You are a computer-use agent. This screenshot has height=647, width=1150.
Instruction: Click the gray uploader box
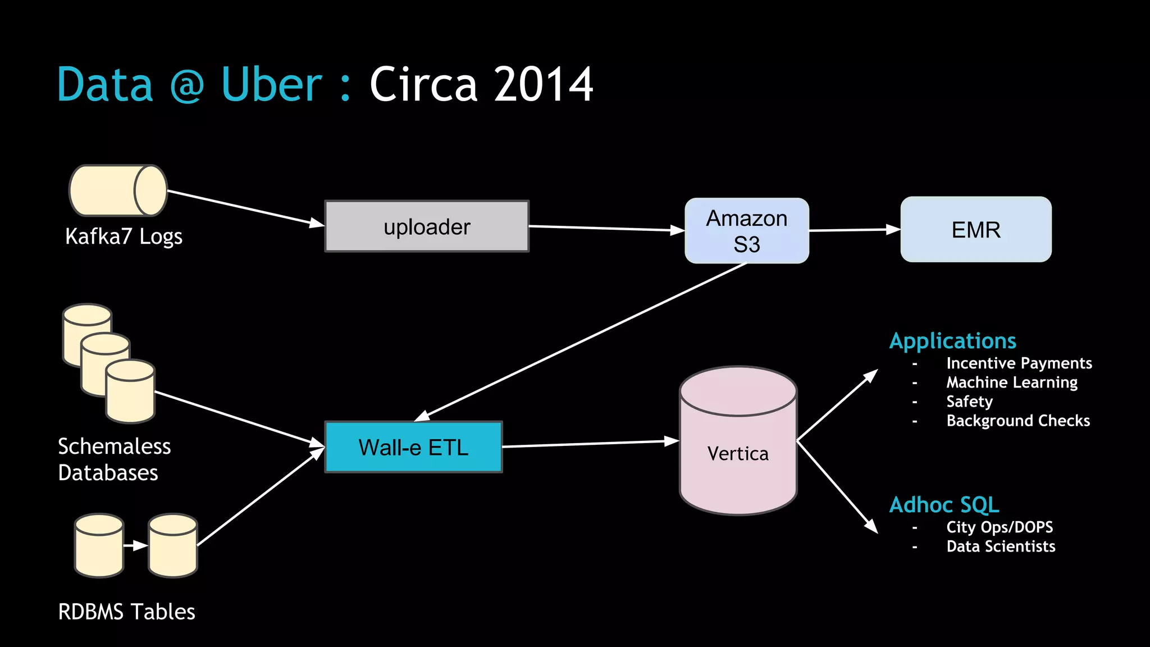pyautogui.click(x=427, y=226)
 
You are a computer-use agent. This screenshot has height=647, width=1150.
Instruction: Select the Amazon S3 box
pyautogui.click(x=746, y=231)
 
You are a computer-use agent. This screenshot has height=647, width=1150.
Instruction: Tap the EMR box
pyautogui.click(x=975, y=230)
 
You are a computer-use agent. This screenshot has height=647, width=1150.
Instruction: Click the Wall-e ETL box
pyautogui.click(x=413, y=448)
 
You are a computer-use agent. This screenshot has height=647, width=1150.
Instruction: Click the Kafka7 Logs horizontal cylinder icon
pyautogui.click(x=118, y=191)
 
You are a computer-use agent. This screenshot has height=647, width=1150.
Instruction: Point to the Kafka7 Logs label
pyautogui.click(x=124, y=236)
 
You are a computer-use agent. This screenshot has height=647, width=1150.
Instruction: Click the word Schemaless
pyautogui.click(x=114, y=446)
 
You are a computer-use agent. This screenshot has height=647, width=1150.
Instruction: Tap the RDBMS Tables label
pyautogui.click(x=126, y=612)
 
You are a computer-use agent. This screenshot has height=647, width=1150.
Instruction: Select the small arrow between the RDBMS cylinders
pyautogui.click(x=135, y=545)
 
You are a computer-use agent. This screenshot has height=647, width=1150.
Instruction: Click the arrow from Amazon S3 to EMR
pyautogui.click(x=855, y=230)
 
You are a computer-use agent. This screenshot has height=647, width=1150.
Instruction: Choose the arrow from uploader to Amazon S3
pyautogui.click(x=606, y=228)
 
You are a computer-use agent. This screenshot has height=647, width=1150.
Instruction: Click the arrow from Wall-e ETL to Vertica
pyautogui.click(x=590, y=444)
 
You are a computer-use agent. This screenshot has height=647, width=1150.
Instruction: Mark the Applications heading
pyautogui.click(x=952, y=341)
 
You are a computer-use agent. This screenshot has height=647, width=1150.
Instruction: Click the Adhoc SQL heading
pyautogui.click(x=944, y=505)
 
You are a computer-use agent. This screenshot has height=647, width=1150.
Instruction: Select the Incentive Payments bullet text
pyautogui.click(x=1019, y=363)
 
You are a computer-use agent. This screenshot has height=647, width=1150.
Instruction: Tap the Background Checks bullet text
pyautogui.click(x=1017, y=421)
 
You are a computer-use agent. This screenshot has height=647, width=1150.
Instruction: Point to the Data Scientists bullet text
pyautogui.click(x=1001, y=546)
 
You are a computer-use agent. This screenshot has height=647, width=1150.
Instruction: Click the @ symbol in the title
pyautogui.click(x=186, y=85)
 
